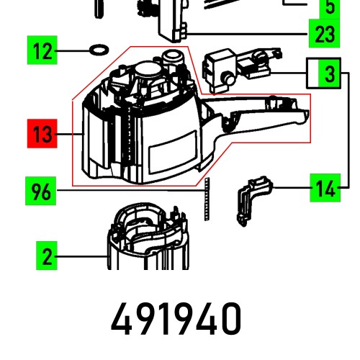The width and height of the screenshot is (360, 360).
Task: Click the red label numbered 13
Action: point(42,135)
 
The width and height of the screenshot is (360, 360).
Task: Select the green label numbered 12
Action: point(42,52)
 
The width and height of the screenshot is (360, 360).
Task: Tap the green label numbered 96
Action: point(42,192)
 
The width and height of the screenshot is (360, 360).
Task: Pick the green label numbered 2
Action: point(46,256)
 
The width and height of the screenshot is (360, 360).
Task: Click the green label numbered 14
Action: point(325,191)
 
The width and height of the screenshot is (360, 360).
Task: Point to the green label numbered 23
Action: point(321,33)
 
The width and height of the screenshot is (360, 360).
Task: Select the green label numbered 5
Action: point(330,8)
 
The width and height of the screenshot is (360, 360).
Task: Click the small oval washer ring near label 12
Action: point(96,51)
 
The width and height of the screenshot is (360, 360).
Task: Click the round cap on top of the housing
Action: point(150,69)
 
